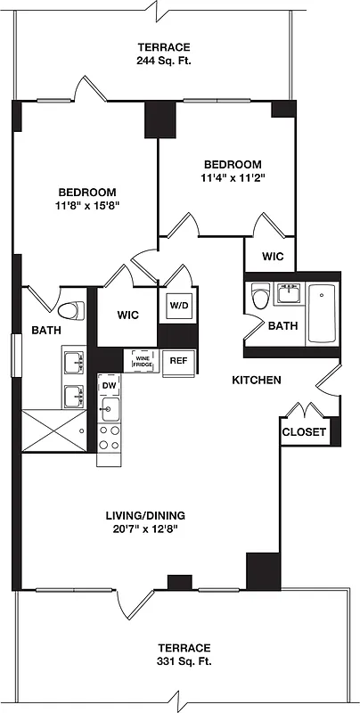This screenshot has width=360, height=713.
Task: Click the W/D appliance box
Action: (178, 305)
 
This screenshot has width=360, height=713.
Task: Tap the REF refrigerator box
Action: (178, 360)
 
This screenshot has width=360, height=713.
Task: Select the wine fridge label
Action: (143, 361)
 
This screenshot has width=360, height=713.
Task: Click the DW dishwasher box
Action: (109, 385)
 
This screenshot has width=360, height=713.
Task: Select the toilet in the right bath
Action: (259, 297)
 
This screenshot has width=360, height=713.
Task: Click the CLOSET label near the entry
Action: (304, 433)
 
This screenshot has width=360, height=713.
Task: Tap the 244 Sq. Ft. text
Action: (164, 61)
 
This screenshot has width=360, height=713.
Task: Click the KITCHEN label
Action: (257, 380)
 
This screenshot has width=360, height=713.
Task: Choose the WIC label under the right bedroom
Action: (273, 256)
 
